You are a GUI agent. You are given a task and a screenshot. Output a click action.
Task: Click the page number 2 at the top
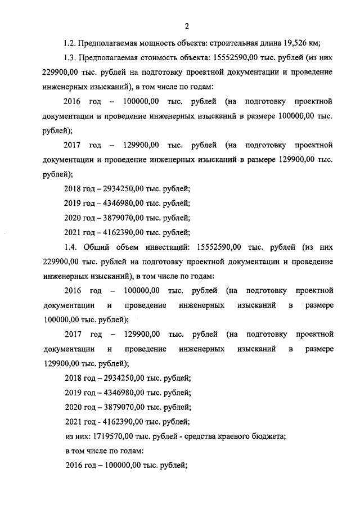[x=185, y=25]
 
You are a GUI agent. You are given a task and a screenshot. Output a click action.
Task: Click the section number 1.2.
[x=70, y=43]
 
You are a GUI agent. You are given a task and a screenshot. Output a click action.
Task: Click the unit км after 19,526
[x=313, y=43]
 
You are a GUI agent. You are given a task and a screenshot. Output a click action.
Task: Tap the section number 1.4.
[x=71, y=246]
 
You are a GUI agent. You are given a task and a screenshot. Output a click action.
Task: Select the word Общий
[x=99, y=246]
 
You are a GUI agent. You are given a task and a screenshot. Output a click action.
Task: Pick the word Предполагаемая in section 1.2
[x=106, y=43]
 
